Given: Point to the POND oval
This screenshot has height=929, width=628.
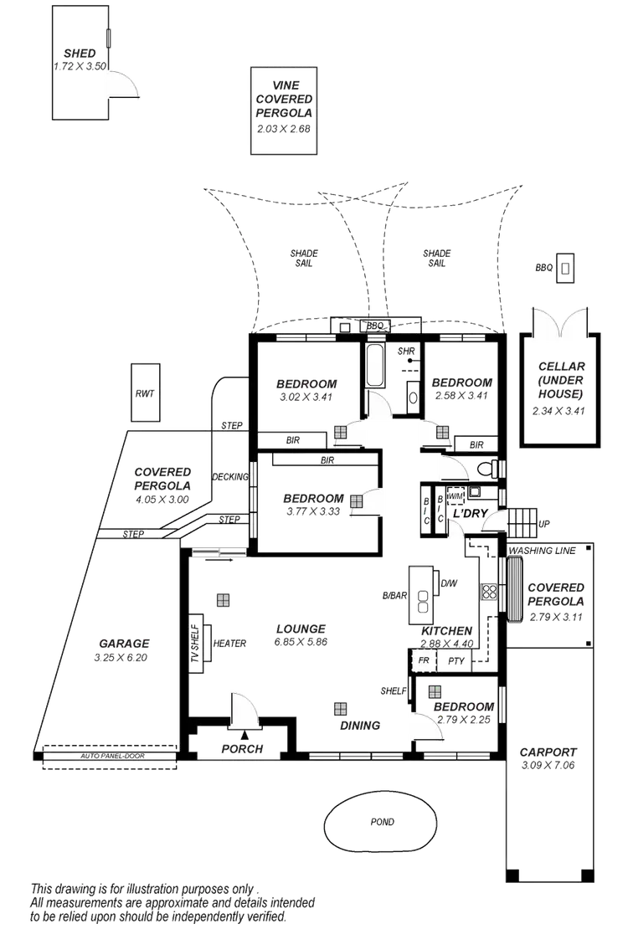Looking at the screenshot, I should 382,822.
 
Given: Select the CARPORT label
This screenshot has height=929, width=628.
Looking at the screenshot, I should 548,752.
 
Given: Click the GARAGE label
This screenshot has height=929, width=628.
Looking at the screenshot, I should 124,643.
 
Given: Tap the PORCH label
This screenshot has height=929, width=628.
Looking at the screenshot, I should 242,748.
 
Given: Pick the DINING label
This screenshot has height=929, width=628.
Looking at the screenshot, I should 360,725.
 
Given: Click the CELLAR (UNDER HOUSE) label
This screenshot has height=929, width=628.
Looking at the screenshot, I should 561,381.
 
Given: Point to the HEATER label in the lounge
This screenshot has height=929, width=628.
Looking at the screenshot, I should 229,643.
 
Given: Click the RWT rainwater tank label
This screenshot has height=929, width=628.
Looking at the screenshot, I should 144,393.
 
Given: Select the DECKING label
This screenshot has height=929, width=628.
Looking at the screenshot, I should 230,476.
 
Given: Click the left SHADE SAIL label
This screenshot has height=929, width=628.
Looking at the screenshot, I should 303,257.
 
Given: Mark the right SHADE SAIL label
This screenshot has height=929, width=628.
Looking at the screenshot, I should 436,257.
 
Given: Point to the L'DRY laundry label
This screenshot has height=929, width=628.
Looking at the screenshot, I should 469,513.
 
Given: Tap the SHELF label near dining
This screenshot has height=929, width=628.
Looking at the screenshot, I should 393,690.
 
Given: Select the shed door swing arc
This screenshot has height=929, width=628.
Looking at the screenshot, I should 124,84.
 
